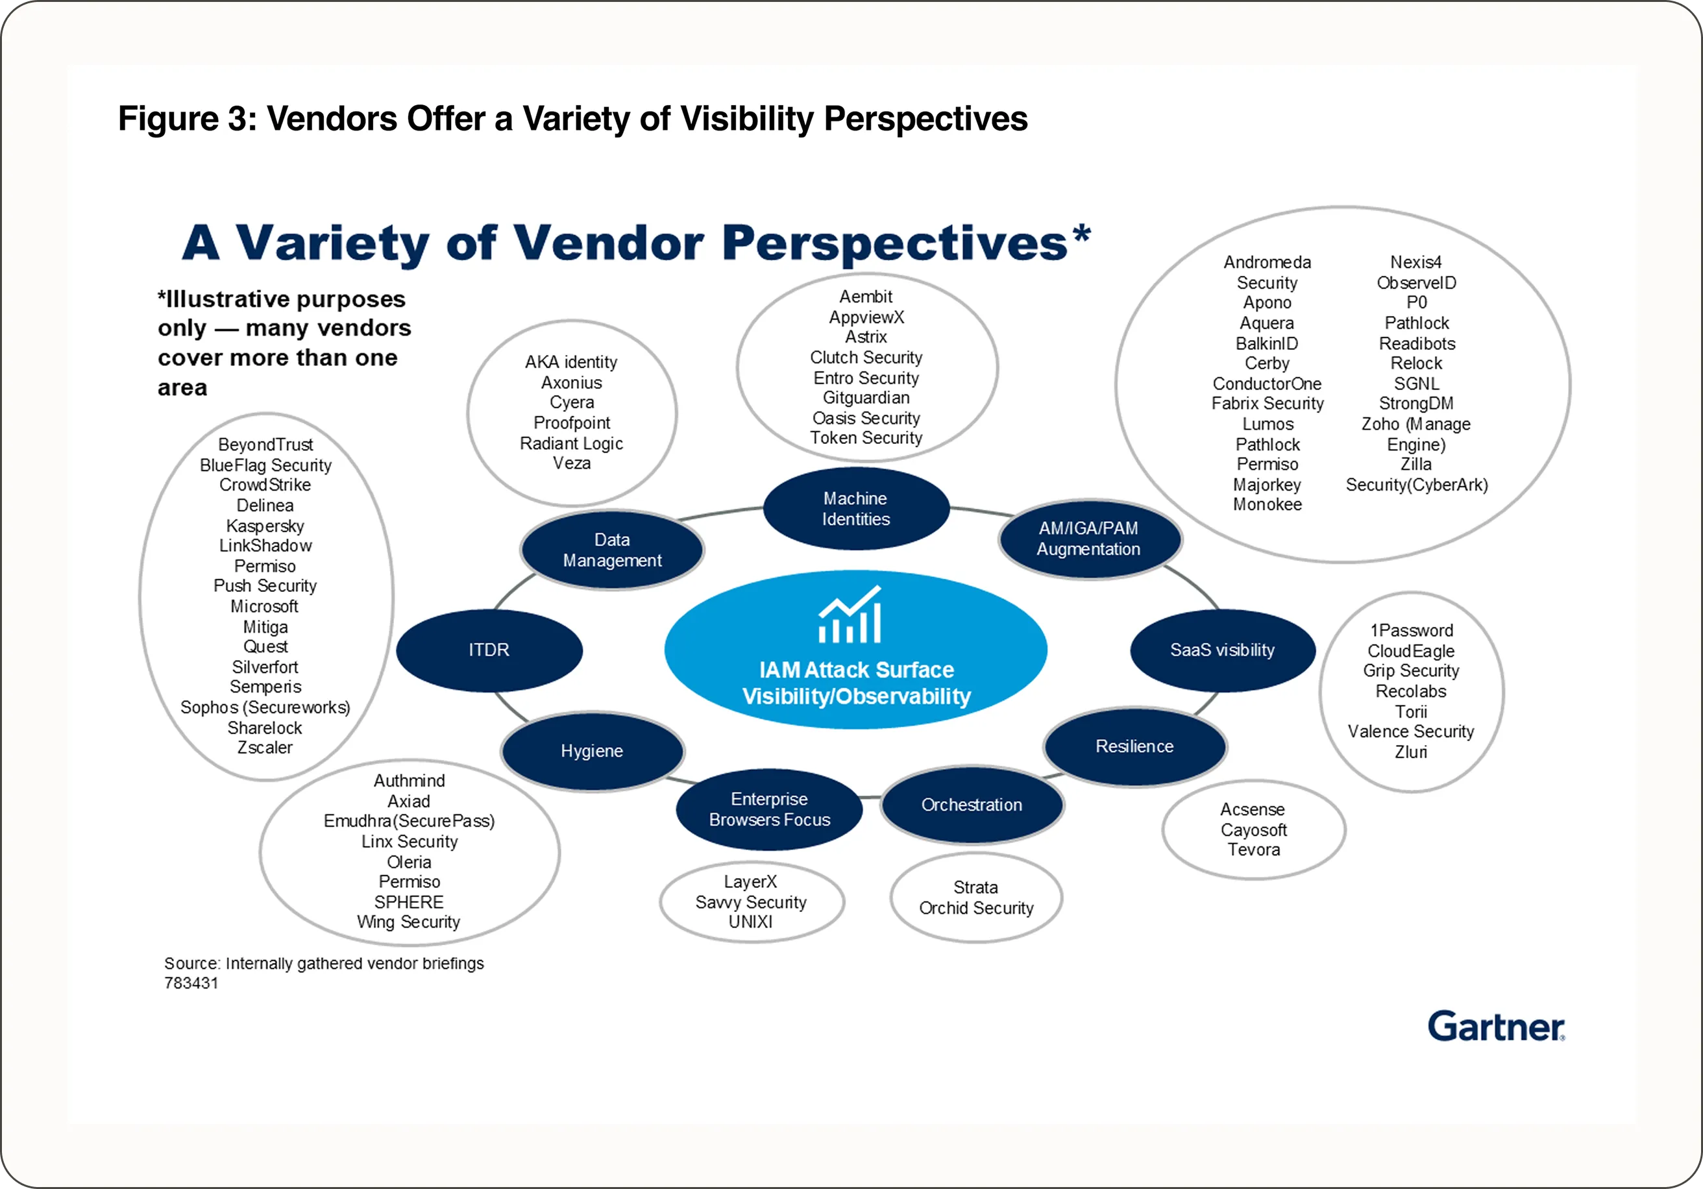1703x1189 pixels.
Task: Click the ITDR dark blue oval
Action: [489, 650]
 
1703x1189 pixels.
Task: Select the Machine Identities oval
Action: [855, 509]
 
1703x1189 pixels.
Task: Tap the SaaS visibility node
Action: [1221, 650]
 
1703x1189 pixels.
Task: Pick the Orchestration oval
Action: [971, 805]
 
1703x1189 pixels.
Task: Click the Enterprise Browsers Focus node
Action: [769, 809]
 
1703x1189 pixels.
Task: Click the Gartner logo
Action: [1495, 1027]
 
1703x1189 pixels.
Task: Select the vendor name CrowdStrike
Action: [265, 485]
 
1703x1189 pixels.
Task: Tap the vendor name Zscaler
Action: [265, 748]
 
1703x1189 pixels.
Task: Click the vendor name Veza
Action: [571, 463]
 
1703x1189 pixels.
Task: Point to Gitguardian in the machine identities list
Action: [866, 398]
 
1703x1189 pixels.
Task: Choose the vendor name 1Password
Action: [1411, 630]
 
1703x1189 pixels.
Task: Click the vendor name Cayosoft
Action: [1253, 830]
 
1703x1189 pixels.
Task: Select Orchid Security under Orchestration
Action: [975, 908]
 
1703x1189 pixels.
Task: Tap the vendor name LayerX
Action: [750, 882]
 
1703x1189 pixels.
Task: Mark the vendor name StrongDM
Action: [1415, 404]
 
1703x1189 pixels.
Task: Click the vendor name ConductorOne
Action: [1267, 384]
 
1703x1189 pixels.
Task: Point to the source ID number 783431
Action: [191, 983]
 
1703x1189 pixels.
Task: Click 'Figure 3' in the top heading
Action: [186, 119]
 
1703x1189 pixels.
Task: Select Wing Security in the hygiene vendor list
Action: [408, 922]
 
